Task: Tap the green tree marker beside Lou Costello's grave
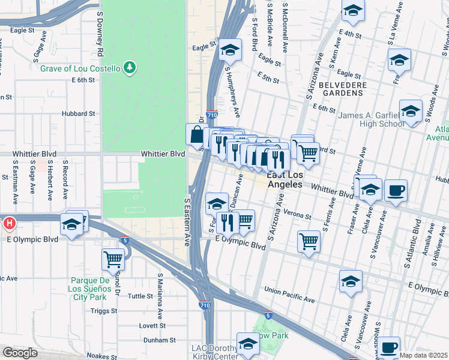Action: (128, 68)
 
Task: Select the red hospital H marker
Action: (9, 224)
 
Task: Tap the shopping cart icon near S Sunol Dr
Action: (113, 259)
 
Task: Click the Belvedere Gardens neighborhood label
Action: (342, 90)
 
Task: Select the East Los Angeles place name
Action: (285, 179)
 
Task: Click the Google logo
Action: (19, 353)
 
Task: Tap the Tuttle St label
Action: (140, 296)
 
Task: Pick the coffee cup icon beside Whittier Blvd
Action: (396, 191)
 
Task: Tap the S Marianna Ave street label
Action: (160, 296)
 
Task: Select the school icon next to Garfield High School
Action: (411, 112)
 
